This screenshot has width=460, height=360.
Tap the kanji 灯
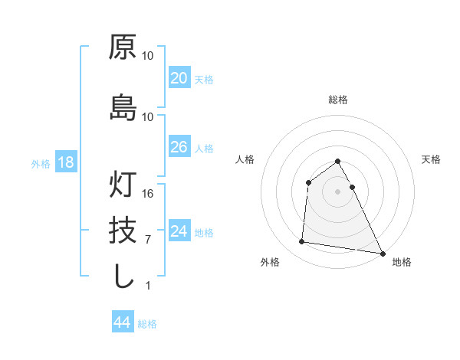click(123, 184)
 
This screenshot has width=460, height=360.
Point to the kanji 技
click(123, 230)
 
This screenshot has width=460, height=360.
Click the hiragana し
click(123, 276)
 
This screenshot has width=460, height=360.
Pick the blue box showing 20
click(179, 78)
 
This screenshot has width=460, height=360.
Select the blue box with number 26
click(179, 147)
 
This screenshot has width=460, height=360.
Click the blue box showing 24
click(179, 231)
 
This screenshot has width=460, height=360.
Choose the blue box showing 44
click(122, 322)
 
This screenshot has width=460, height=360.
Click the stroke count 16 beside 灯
click(148, 193)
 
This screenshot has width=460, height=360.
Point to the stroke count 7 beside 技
click(148, 240)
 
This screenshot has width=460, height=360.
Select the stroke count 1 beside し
click(148, 286)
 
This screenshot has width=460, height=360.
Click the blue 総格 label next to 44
click(147, 324)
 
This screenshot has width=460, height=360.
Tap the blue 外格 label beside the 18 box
click(41, 163)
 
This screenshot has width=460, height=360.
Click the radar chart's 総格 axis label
click(338, 100)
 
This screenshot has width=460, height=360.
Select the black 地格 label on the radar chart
click(402, 262)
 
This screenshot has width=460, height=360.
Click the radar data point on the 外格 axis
click(302, 242)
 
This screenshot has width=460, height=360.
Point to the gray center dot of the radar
click(338, 191)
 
